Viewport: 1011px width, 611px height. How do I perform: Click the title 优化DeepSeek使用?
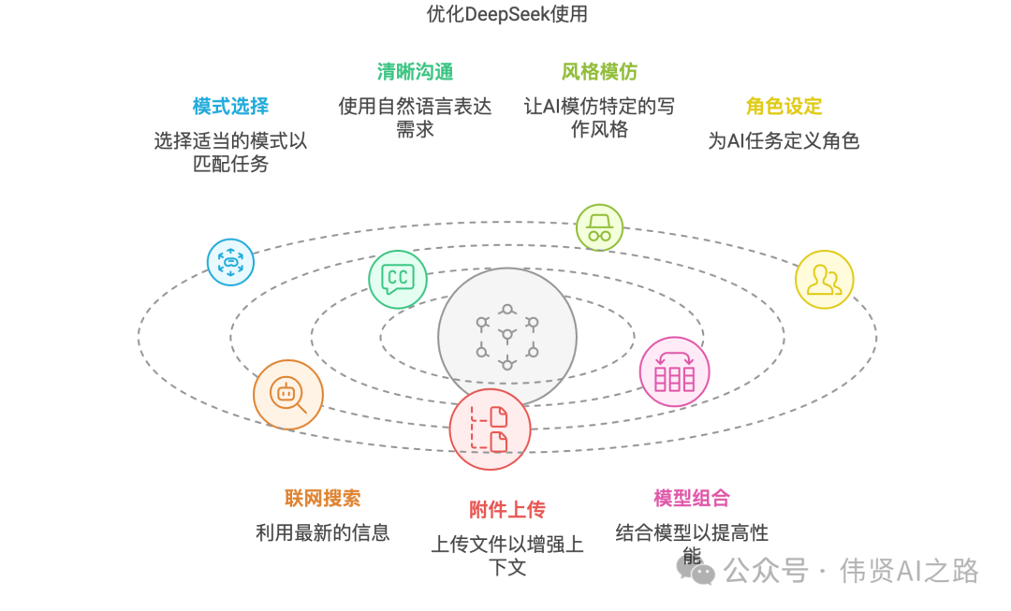click(506, 13)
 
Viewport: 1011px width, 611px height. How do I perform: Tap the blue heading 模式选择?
click(230, 107)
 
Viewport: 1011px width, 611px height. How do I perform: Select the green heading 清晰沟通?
click(415, 72)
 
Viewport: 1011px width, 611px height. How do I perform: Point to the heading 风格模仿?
click(599, 72)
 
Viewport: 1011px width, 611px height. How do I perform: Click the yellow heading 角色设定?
click(784, 107)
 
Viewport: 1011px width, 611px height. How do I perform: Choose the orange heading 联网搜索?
click(323, 499)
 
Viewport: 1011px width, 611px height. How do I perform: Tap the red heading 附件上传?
click(506, 510)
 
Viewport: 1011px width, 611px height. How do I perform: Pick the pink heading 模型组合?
click(692, 499)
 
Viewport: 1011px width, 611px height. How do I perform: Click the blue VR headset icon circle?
click(230, 262)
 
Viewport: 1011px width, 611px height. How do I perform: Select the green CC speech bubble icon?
click(398, 278)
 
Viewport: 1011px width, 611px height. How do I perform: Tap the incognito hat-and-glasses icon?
click(599, 227)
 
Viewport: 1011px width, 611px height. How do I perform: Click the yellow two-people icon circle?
click(824, 279)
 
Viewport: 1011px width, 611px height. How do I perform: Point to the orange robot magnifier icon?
click(288, 395)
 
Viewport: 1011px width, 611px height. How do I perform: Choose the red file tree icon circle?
click(490, 429)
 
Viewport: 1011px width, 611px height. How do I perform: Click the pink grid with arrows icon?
click(674, 371)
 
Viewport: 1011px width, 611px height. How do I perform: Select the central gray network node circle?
click(506, 337)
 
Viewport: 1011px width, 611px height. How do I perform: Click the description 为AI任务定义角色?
click(784, 141)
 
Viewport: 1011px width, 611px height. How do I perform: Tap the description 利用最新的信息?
click(323, 533)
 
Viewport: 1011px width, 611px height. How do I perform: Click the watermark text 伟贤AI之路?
click(909, 570)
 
